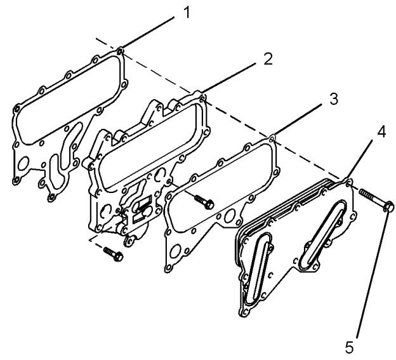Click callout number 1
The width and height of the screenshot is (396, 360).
tap(187, 13)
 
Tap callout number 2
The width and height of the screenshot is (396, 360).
tap(268, 59)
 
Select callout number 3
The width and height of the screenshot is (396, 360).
tap(334, 99)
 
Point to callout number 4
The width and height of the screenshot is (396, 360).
tap(381, 132)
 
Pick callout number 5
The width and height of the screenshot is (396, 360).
tap(350, 348)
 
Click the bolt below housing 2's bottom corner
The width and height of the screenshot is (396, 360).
tap(114, 254)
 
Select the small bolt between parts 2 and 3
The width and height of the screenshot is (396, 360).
tap(204, 201)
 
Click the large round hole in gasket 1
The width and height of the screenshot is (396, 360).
tap(24, 163)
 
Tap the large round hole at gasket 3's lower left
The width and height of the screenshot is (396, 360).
tap(176, 251)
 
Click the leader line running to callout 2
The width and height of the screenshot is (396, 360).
tap(228, 78)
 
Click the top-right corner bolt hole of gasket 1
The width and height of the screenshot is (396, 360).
tap(120, 52)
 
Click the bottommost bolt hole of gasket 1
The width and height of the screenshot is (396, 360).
tap(52, 197)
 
